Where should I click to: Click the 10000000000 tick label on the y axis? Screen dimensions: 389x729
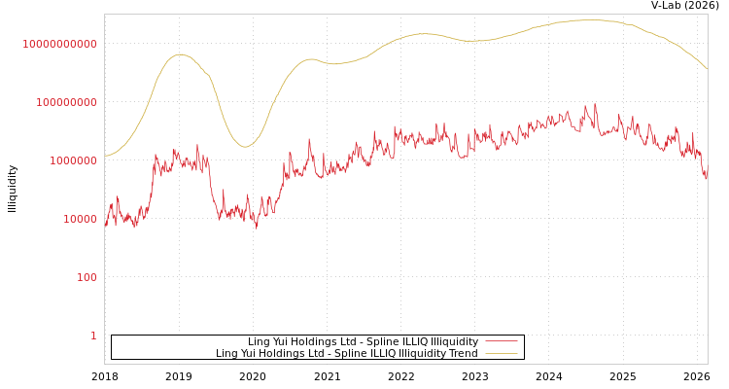pos(60,44)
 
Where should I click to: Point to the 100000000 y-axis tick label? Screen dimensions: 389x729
pos(66,102)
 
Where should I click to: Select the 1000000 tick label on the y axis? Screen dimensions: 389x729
pos(72,160)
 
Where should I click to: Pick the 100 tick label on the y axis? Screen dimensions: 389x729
pos(87,277)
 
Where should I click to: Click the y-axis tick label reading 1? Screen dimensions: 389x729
pos(93,336)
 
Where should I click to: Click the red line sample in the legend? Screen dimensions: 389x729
pos(501,341)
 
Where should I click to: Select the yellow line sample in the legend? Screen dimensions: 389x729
pos(501,353)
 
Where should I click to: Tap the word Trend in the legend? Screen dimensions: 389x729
pos(463,353)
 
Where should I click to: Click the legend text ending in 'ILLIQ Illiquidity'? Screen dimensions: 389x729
pos(363,341)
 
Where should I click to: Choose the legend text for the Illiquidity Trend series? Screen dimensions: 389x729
pos(347,353)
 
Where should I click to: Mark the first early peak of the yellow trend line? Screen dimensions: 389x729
pos(180,54)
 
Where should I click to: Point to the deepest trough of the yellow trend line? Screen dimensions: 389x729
pos(245,147)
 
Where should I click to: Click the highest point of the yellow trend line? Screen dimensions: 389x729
pos(590,20)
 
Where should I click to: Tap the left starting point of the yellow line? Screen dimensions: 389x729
pos(105,156)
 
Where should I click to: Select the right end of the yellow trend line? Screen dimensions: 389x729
pos(708,69)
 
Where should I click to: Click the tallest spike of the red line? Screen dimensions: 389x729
pos(596,103)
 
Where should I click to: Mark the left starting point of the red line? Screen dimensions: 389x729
pos(105,225)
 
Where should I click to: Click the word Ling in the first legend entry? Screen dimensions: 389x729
pos(259,341)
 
